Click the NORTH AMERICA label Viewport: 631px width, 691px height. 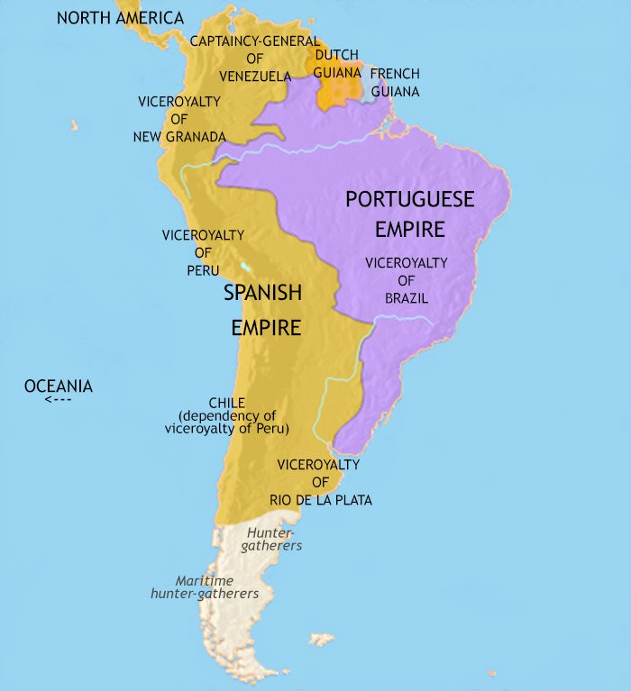[x=120, y=18]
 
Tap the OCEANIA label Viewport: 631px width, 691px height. [x=59, y=386]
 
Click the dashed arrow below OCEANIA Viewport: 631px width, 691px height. [x=59, y=399]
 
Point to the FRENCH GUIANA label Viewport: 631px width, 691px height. [x=395, y=82]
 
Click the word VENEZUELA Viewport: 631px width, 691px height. [x=253, y=75]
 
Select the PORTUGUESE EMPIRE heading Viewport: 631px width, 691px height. [x=410, y=214]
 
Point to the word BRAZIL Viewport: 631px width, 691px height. [x=406, y=297]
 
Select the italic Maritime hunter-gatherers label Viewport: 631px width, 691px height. [x=205, y=586]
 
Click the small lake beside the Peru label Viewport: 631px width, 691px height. [x=247, y=268]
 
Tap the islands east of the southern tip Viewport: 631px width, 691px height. [x=322, y=639]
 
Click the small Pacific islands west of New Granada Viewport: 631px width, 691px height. [x=74, y=126]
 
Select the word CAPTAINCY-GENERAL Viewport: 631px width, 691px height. [x=254, y=41]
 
